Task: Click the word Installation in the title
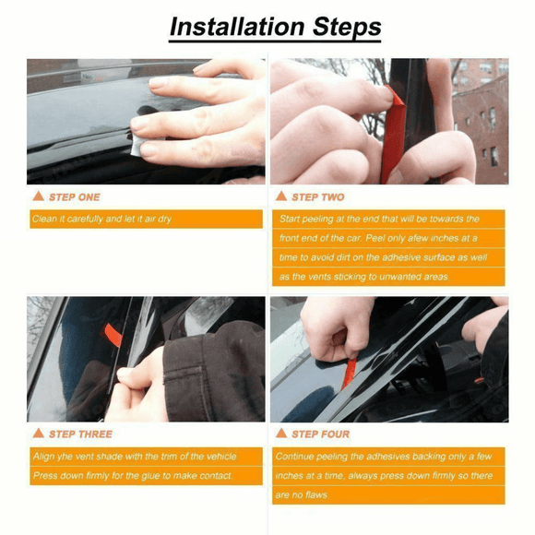(x=235, y=27)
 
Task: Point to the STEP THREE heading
(x=80, y=434)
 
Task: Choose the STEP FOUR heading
(x=320, y=434)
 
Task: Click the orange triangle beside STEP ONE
(x=38, y=196)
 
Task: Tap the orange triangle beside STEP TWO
(x=281, y=196)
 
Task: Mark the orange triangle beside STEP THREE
(x=38, y=434)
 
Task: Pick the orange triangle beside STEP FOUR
(x=281, y=434)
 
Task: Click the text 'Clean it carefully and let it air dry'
(x=101, y=220)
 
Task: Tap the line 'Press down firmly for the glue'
(x=132, y=476)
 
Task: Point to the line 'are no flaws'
(x=303, y=495)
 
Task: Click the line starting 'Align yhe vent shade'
(x=134, y=457)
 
